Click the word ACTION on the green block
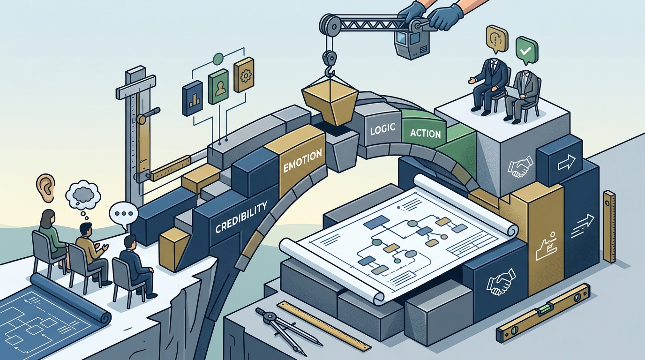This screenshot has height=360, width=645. (425, 133)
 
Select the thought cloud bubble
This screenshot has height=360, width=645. (82, 196)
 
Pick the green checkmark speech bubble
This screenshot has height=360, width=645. (527, 52)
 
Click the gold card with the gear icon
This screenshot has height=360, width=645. (244, 75)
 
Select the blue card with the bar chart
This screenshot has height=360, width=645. (192, 98)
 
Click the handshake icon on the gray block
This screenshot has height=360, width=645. (521, 166)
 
